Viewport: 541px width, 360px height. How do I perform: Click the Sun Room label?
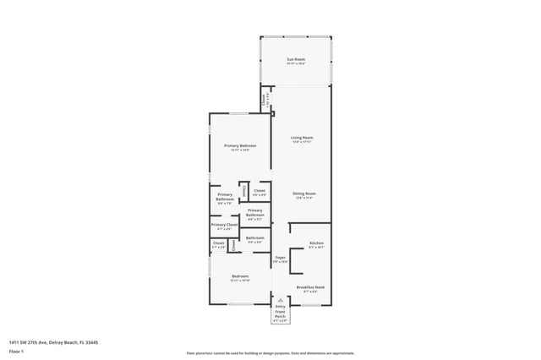294,59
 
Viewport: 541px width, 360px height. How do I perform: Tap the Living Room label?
302,138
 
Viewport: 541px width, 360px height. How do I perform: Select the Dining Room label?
304,194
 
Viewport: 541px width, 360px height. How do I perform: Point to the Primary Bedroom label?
240,146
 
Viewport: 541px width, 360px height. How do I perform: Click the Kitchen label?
316,243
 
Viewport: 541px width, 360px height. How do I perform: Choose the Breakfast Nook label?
310,287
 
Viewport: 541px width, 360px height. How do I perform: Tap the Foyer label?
281,258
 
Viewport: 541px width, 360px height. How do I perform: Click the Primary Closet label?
224,225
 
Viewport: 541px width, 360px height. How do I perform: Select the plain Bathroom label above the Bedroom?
255,237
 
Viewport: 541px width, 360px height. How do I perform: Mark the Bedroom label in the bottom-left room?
240,276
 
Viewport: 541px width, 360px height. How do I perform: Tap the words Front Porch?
281,314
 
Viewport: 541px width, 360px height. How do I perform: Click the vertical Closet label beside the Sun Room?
265,98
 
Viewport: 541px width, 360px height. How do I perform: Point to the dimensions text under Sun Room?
294,64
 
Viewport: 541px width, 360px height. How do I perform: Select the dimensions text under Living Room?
302,142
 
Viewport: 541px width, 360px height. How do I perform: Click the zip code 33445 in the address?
91,342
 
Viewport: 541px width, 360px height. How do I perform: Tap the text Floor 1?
16,351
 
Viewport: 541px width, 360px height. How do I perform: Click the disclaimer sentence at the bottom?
270,353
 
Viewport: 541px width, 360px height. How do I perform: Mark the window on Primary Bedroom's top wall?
240,113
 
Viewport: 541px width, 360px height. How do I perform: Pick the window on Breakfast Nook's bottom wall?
310,305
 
